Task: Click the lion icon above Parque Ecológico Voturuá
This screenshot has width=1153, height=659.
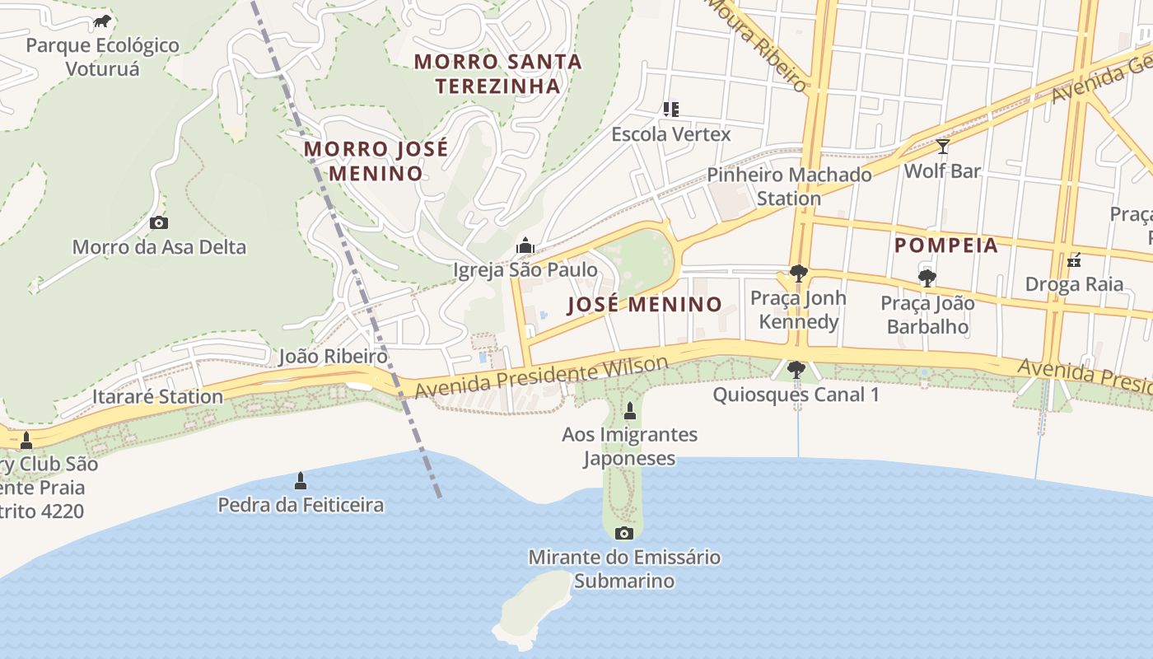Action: pyautogui.click(x=102, y=21)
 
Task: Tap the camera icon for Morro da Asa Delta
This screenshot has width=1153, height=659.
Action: pyautogui.click(x=159, y=222)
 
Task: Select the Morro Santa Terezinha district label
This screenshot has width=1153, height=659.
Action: pyautogui.click(x=497, y=73)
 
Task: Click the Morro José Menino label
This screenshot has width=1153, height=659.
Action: pyautogui.click(x=376, y=161)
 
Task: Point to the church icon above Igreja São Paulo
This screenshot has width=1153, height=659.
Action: pyautogui.click(x=525, y=245)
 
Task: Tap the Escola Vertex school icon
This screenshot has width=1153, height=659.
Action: pyautogui.click(x=671, y=109)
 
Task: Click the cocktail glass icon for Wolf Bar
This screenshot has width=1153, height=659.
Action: pyautogui.click(x=943, y=147)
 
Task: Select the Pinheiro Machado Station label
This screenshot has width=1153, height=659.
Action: pyautogui.click(x=789, y=186)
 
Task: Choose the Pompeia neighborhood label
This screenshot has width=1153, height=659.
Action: pyautogui.click(x=946, y=245)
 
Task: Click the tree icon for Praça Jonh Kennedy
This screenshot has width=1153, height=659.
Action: pyautogui.click(x=797, y=273)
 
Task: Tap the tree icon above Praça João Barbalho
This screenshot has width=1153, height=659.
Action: pyautogui.click(x=927, y=278)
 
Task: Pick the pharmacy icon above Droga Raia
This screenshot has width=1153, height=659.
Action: pyautogui.click(x=1074, y=260)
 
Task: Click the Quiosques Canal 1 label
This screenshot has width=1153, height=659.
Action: pyautogui.click(x=796, y=395)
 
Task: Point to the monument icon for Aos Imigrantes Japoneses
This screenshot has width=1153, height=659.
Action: pyautogui.click(x=630, y=410)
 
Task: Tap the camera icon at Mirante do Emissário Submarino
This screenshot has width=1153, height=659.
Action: pyautogui.click(x=624, y=533)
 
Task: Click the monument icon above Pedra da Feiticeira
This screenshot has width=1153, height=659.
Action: pyautogui.click(x=301, y=480)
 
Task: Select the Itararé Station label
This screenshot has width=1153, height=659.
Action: pyautogui.click(x=157, y=396)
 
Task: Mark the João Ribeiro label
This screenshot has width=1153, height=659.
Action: pyautogui.click(x=333, y=356)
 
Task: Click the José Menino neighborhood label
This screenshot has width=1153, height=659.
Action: pyautogui.click(x=645, y=304)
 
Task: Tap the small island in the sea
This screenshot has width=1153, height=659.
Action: pyautogui.click(x=534, y=610)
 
